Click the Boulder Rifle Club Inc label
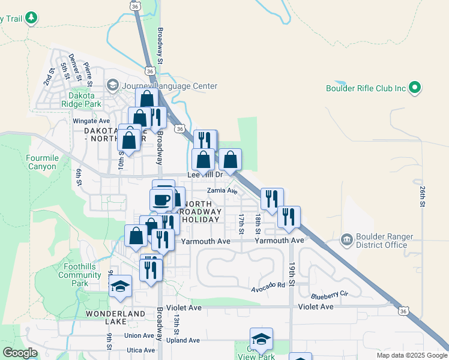[x=366, y=88]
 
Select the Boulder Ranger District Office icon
[x=347, y=240]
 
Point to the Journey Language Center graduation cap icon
[x=112, y=86]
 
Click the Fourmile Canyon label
[x=41, y=163]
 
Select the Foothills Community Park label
[x=79, y=275]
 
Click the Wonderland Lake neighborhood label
[x=115, y=317]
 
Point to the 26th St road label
[x=423, y=197]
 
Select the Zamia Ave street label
[x=222, y=191]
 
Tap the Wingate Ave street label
[x=91, y=121]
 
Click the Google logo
[x=20, y=353]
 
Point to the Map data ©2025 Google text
[x=411, y=355]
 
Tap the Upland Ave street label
[x=183, y=340]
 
